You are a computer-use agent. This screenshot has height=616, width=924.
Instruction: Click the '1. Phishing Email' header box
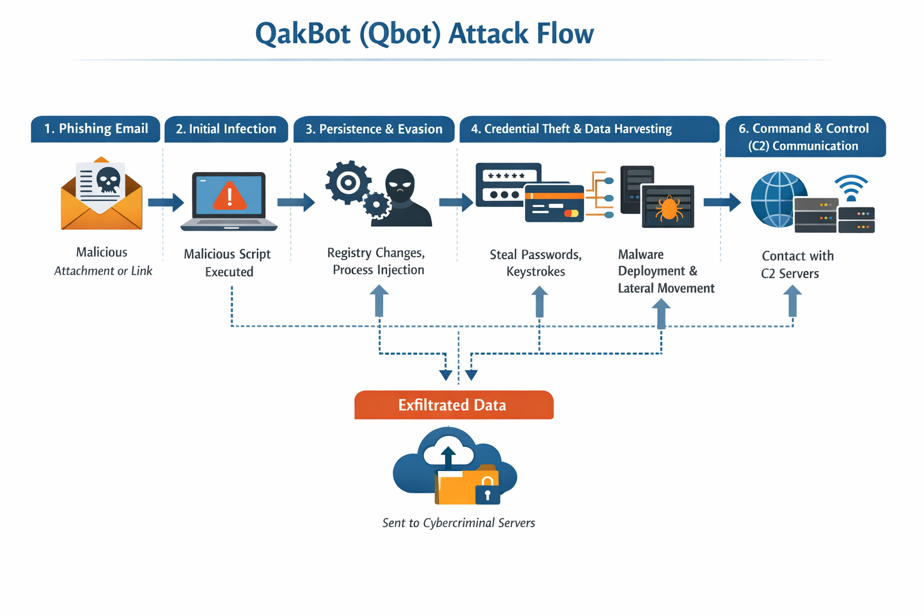coord(96,129)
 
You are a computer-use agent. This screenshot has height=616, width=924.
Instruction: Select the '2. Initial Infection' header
coord(226,129)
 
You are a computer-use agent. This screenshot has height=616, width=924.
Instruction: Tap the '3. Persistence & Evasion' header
coord(374,129)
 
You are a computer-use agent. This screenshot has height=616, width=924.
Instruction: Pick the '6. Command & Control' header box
coord(805,137)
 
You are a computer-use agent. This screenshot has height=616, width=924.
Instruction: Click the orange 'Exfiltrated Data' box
coord(454,405)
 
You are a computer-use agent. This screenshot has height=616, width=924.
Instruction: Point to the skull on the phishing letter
coord(109,180)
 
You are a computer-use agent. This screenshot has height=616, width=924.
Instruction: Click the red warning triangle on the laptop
coord(229,196)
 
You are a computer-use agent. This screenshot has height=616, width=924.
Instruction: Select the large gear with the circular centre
coord(347,182)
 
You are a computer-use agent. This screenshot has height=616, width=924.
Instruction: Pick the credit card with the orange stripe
coord(554,203)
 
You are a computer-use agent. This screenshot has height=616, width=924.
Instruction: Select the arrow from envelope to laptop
coord(165,203)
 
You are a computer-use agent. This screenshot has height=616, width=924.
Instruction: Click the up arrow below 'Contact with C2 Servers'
coord(792,300)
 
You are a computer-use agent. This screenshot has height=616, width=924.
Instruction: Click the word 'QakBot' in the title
coord(303,34)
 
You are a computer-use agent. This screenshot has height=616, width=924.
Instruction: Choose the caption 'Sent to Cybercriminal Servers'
coord(458,523)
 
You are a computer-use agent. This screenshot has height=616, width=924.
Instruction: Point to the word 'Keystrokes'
coord(535,272)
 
